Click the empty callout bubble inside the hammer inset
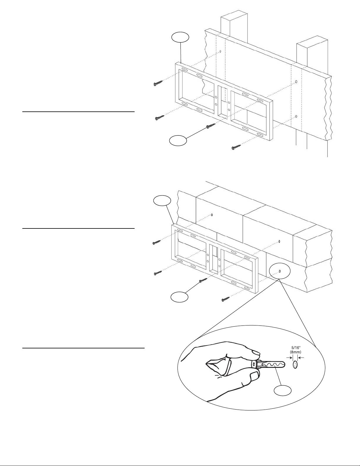[283, 390]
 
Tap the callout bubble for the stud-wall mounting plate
[180, 37]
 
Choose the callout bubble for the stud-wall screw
[178, 141]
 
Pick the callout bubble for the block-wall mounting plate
[163, 201]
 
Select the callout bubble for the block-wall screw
[180, 297]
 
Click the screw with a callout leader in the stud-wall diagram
[210, 126]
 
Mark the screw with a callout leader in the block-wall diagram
[203, 280]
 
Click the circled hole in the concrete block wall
[280, 271]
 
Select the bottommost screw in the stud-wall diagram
[236, 147]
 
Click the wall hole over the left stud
[220, 52]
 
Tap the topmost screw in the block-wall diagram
[157, 242]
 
